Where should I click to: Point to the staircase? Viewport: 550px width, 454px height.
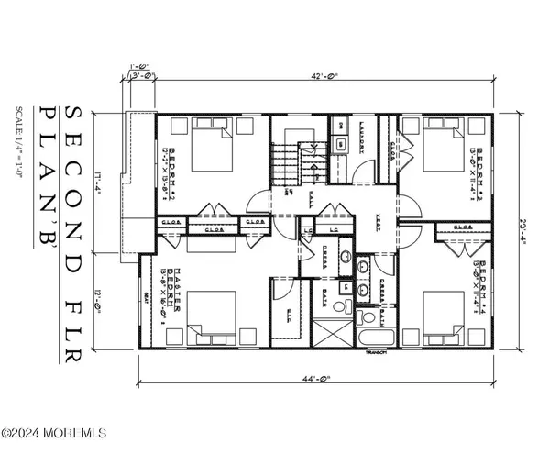pos(292,163)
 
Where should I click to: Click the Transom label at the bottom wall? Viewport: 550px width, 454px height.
pos(376,353)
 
